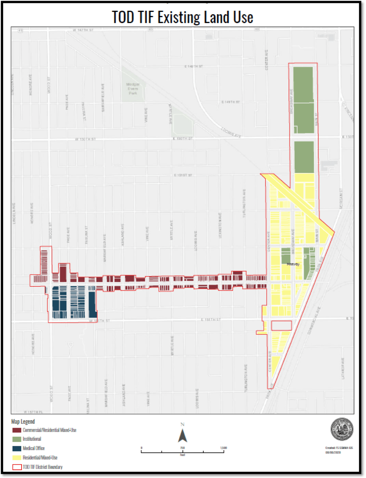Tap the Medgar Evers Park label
(x=133, y=89)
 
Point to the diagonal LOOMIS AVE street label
(x=231, y=133)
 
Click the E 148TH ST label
(x=194, y=66)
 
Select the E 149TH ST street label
(x=231, y=102)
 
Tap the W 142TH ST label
(x=84, y=29)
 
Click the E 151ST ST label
(x=183, y=175)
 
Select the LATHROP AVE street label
(x=343, y=368)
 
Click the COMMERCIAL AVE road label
(x=314, y=321)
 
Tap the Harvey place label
(x=293, y=264)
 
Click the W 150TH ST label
(x=85, y=139)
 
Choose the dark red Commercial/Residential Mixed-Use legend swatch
(x=17, y=430)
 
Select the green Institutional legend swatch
(x=17, y=439)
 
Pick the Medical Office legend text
(x=34, y=448)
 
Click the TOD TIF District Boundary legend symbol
(x=17, y=467)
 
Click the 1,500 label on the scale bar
(x=223, y=447)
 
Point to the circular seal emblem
(x=342, y=429)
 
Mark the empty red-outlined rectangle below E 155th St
(x=281, y=326)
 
